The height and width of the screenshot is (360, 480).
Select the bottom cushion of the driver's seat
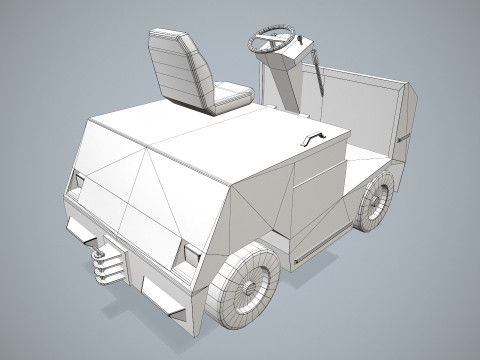pyautogui.click(x=229, y=97)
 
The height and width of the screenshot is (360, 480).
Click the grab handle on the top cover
pyautogui.click(x=315, y=138)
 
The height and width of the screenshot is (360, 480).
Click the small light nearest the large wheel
pyautogui.click(x=189, y=252)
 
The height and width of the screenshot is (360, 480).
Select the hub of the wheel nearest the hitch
pyautogui.click(x=247, y=287)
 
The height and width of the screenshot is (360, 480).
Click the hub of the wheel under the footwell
pyautogui.click(x=376, y=201)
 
